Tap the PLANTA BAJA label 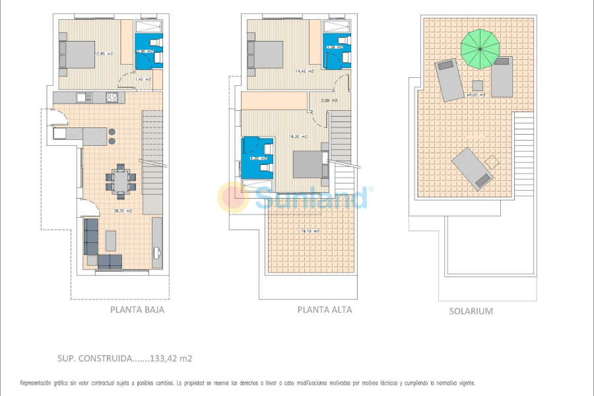[137, 310]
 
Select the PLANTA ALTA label [324, 310]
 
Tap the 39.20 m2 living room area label [123, 211]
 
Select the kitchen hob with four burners [112, 98]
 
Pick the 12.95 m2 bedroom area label [104, 54]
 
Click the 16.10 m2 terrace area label [310, 231]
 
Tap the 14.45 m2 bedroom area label [304, 71]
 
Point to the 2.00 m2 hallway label [329, 100]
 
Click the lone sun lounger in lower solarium [472, 168]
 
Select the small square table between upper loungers [477, 84]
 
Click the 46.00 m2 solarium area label [476, 95]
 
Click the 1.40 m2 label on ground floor [143, 79]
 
